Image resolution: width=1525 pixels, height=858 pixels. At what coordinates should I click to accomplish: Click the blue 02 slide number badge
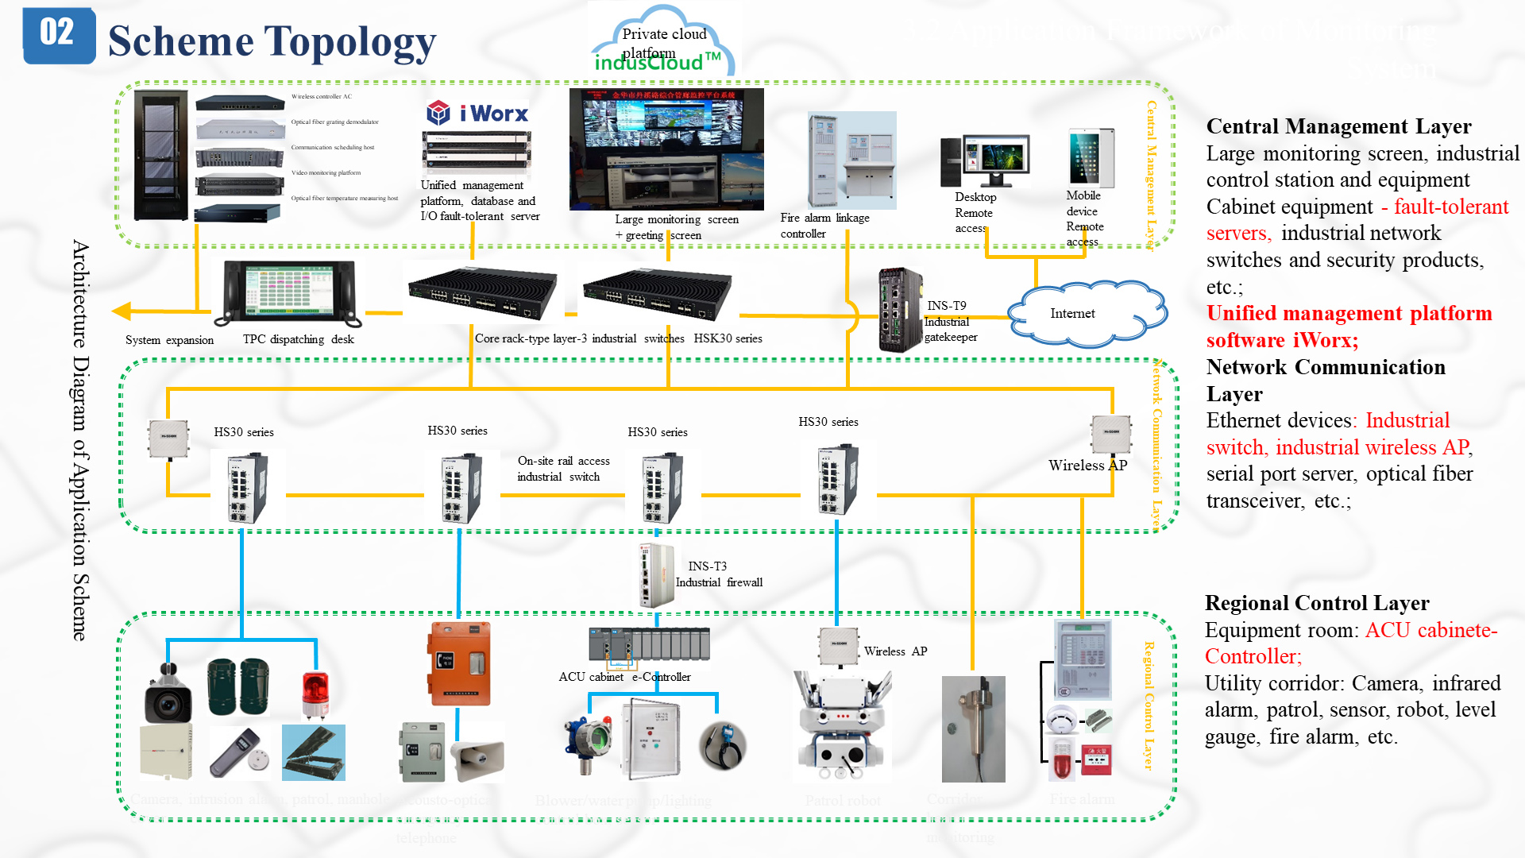pos(59,35)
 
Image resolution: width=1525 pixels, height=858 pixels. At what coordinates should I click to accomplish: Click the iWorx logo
pos(477,114)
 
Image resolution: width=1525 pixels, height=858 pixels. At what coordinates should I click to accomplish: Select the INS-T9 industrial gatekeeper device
pos(900,310)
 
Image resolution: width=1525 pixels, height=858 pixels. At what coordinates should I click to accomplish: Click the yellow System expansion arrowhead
pos(122,311)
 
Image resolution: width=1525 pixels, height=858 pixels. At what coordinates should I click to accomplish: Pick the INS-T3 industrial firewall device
pos(656,575)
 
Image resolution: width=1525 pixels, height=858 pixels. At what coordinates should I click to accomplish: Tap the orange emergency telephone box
pos(460,664)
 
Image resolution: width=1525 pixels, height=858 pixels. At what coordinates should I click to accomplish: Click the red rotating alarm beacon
pos(315,693)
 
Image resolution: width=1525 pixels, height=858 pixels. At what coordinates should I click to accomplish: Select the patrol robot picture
pos(842,725)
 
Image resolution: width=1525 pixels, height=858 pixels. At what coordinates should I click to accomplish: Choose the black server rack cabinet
pos(161,155)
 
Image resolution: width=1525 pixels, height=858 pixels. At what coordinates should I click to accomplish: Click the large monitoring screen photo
pos(666,149)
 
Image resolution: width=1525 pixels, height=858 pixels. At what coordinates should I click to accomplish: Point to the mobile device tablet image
pos(1090,157)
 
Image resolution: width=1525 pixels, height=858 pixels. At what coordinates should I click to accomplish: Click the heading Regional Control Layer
pos(1316,603)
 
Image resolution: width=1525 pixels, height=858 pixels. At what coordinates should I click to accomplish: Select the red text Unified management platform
pos(1349,313)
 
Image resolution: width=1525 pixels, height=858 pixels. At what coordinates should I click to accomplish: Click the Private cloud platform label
pos(663,34)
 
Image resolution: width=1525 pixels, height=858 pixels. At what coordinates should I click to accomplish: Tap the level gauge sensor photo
pos(973,729)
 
